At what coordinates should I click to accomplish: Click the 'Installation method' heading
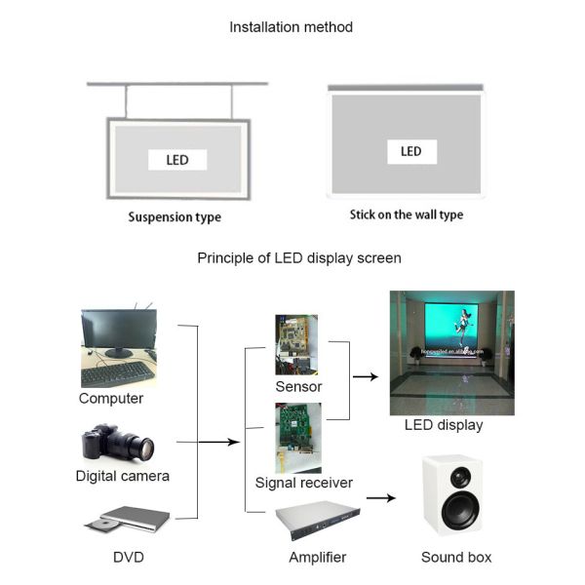pyautogui.click(x=291, y=27)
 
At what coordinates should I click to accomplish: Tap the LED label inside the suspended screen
pyautogui.click(x=176, y=160)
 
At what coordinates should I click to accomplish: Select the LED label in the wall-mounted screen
pyautogui.click(x=410, y=151)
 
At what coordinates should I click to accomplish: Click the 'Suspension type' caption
pyautogui.click(x=175, y=216)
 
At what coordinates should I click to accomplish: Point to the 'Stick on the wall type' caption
pyautogui.click(x=406, y=214)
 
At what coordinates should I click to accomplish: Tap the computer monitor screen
pyautogui.click(x=118, y=330)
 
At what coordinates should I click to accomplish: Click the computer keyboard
pyautogui.click(x=117, y=373)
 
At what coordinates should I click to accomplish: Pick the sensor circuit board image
pyautogui.click(x=295, y=344)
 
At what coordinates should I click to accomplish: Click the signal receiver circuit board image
pyautogui.click(x=296, y=436)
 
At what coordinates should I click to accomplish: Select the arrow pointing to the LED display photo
pyautogui.click(x=365, y=375)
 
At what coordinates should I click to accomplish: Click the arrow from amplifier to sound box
pyautogui.click(x=380, y=498)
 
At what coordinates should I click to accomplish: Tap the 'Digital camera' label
pyautogui.click(x=123, y=476)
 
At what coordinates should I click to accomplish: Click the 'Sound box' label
pyautogui.click(x=456, y=557)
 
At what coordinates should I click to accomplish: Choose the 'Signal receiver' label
pyautogui.click(x=304, y=482)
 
